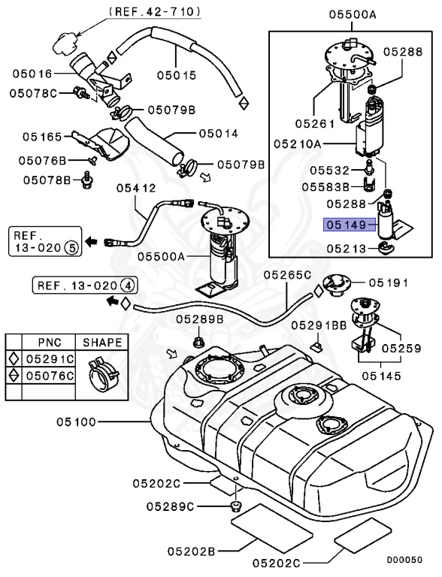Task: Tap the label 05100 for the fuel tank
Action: [76, 421]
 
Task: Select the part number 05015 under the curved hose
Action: [177, 75]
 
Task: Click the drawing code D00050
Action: [404, 560]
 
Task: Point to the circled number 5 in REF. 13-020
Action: [71, 248]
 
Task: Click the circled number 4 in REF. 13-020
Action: [128, 285]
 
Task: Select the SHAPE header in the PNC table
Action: [102, 343]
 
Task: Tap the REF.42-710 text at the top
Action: [155, 11]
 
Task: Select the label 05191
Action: [389, 282]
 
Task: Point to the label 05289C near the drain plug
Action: [170, 506]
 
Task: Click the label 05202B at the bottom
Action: [191, 551]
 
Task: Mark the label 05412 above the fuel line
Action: [136, 188]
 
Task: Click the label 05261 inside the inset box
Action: [315, 124]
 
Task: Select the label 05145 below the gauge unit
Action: [381, 376]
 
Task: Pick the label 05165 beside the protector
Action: [42, 137]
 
